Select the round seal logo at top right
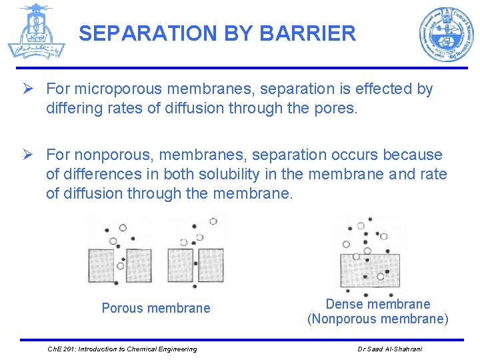click(446, 35)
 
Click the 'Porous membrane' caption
click(155, 308)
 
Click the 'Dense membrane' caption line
click(378, 304)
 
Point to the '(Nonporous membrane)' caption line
click(378, 319)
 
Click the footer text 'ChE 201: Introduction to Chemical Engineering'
click(122, 349)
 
